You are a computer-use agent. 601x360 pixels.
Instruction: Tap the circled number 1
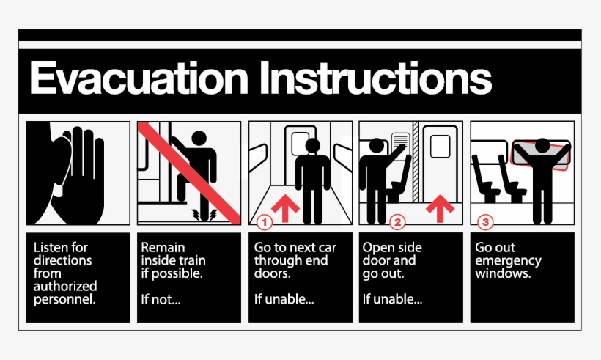click(265, 220)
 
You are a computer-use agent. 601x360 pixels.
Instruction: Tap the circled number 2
click(397, 220)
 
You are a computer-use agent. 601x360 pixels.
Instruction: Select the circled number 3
click(484, 220)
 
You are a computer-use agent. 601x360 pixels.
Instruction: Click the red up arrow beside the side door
click(440, 207)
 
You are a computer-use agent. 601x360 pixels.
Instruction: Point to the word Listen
click(51, 248)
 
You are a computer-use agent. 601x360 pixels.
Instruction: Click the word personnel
click(64, 299)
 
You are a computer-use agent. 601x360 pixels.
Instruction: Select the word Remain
click(163, 248)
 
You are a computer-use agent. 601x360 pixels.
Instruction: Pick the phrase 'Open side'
click(392, 248)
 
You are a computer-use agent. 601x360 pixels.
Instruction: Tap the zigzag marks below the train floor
click(199, 213)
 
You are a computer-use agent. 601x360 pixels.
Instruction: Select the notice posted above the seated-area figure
click(400, 142)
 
